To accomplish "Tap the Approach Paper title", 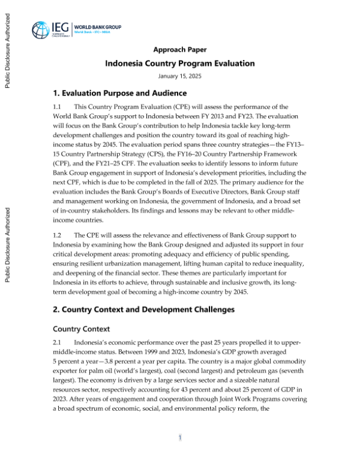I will [x=180, y=50].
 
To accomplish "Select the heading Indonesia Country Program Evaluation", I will [x=180, y=64].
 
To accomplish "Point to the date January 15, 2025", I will [x=180, y=77].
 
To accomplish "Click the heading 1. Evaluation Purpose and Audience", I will [x=120, y=94].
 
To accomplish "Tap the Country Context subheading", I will [x=82, y=328].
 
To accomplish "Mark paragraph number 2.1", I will [x=58, y=342].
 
